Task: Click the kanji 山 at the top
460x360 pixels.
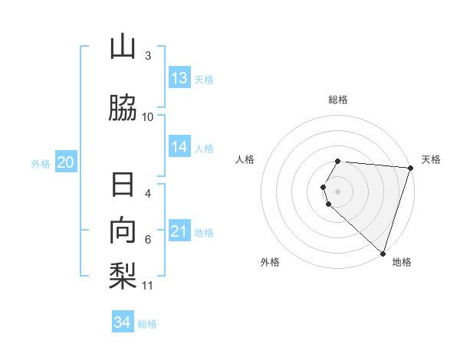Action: click(x=123, y=47)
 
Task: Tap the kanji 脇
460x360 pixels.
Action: click(x=123, y=108)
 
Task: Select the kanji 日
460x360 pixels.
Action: click(x=123, y=186)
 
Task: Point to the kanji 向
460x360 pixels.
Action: click(x=123, y=231)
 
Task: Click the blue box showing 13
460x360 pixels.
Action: click(x=179, y=78)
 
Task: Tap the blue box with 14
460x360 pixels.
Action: click(x=179, y=147)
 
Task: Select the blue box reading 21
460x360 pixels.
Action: click(x=179, y=231)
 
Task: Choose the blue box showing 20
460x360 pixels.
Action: click(x=66, y=162)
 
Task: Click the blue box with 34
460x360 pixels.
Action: click(x=123, y=322)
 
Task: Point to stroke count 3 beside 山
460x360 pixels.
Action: click(x=148, y=55)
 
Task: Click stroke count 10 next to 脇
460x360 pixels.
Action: click(x=148, y=116)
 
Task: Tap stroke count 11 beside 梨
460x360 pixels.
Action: click(x=148, y=286)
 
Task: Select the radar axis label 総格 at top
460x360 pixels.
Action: click(x=338, y=100)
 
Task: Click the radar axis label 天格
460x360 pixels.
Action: click(x=431, y=159)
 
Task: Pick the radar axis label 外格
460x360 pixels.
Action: click(x=270, y=262)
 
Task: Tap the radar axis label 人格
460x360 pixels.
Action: click(x=245, y=159)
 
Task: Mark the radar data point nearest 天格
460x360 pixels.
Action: click(x=410, y=168)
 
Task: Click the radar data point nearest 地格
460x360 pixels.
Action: click(x=383, y=253)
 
